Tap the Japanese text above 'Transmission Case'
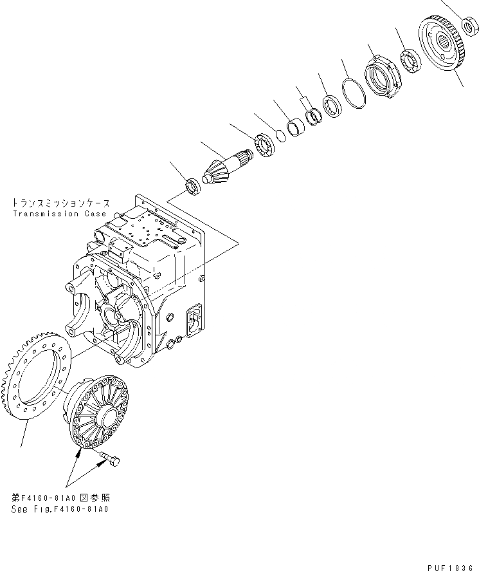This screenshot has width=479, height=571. click(x=59, y=202)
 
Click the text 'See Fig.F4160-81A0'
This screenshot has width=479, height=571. click(x=60, y=509)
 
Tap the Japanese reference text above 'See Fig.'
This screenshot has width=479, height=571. click(x=60, y=498)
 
